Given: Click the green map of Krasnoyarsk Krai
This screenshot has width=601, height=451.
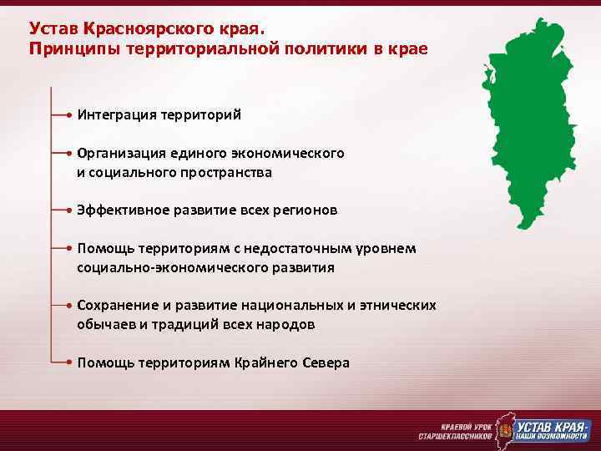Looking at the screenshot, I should point(530,125).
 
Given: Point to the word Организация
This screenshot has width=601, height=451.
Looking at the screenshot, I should point(121,154).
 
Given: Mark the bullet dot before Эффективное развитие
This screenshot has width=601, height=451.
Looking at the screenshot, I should point(68,210).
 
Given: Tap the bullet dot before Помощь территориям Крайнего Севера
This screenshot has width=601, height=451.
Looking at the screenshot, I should point(68,363).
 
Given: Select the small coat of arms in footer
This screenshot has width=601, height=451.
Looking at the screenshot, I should point(504,431).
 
